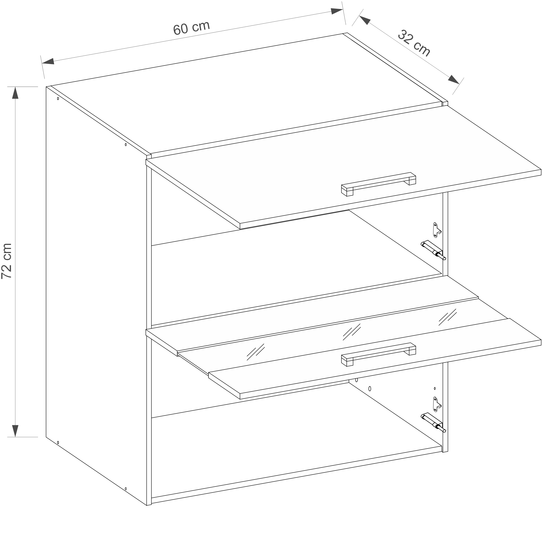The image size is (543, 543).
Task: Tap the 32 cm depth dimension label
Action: coord(414,43)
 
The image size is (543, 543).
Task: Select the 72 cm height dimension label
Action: coord(7,261)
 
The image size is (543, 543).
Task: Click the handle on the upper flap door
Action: coord(378,184)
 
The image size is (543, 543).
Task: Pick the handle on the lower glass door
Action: coord(378,355)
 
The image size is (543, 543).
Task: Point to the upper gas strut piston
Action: coord(433,250)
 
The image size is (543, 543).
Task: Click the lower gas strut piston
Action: coord(433,422)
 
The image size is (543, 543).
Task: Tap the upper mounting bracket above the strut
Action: coord(437,230)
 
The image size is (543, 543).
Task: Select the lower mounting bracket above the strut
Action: coord(437,405)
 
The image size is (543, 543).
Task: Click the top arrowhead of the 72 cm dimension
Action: coord(15,93)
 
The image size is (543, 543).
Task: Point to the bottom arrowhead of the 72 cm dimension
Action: coord(15,431)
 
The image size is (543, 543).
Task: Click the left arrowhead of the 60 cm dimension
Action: coord(48,61)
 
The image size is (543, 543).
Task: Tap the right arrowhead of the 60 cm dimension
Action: coord(337,11)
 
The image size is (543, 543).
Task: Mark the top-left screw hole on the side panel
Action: coord(58,99)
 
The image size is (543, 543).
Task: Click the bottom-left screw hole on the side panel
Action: coord(58,443)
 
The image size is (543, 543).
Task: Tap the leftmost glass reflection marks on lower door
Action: coord(255,352)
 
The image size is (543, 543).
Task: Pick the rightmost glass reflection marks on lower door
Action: coord(447,317)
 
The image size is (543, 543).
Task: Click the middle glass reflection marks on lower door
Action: coord(352,332)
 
